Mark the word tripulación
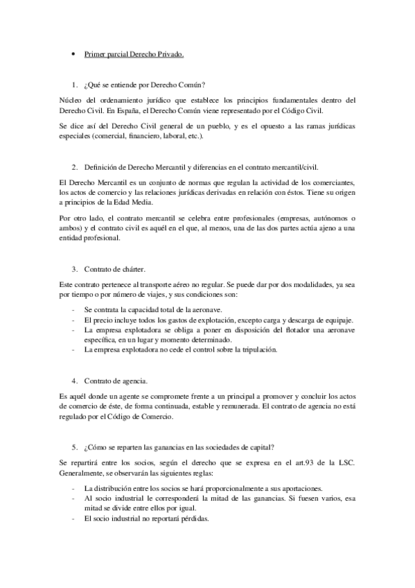tap(256, 350)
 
